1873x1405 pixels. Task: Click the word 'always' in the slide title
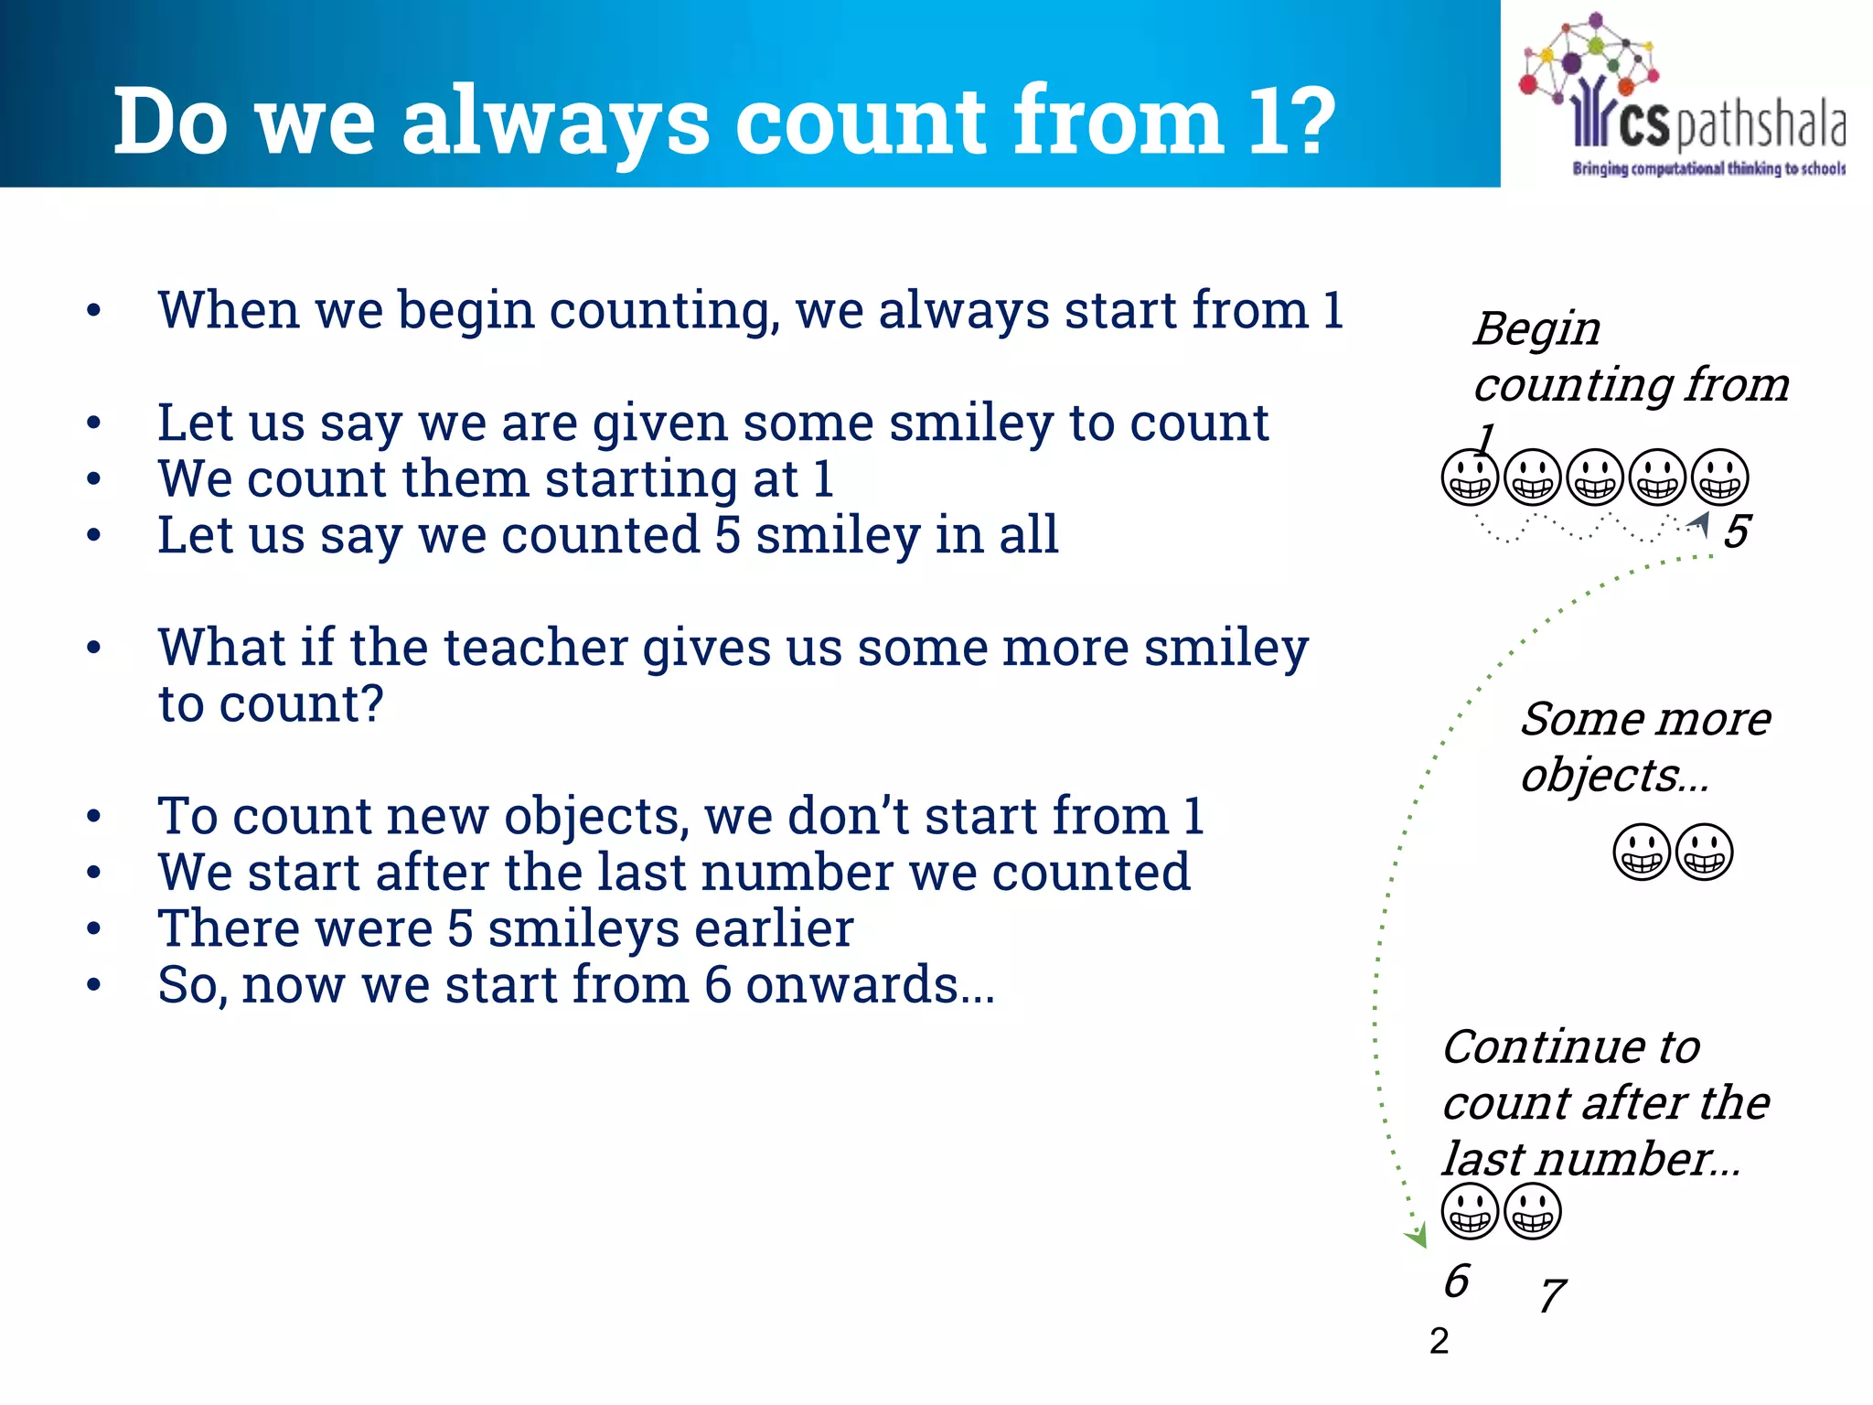[x=555, y=122]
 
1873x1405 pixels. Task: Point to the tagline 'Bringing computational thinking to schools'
[x=1708, y=168]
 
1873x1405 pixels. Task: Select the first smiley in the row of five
[x=1470, y=477]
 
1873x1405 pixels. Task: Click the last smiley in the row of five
[x=1719, y=477]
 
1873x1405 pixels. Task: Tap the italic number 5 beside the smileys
[x=1737, y=531]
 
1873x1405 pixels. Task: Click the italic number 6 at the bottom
[x=1456, y=1281]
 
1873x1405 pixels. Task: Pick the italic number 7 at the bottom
[x=1552, y=1295]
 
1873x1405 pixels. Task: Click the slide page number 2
[x=1439, y=1341]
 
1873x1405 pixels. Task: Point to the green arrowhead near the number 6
[x=1417, y=1238]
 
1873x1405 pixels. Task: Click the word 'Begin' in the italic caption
[x=1536, y=328]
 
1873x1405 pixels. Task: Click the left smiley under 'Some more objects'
[x=1642, y=852]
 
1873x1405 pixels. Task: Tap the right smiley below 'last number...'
[x=1533, y=1211]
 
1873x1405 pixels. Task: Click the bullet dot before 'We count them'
[x=93, y=479]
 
